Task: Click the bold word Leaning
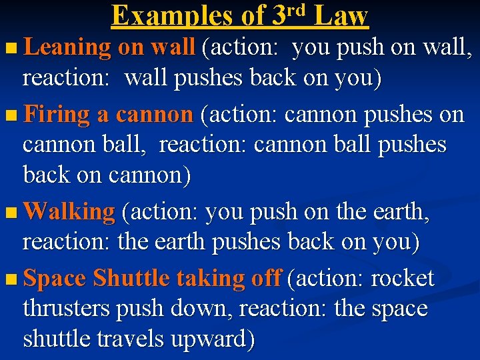[67, 47]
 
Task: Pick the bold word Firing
[57, 115]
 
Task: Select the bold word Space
[55, 278]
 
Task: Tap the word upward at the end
[213, 339]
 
